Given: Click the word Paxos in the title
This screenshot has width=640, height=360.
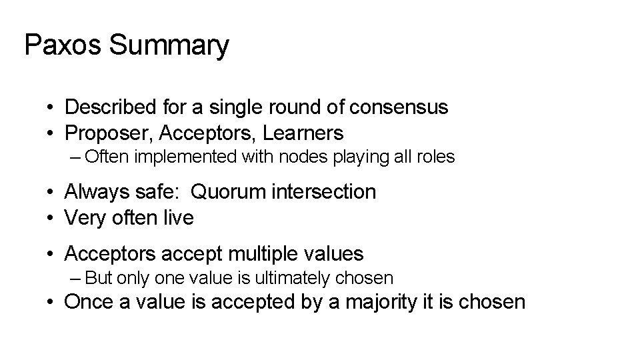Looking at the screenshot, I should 62,45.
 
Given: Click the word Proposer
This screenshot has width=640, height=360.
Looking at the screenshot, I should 109,133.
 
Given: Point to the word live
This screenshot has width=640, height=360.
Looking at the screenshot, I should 178,218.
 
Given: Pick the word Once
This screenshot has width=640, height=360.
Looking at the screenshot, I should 89,302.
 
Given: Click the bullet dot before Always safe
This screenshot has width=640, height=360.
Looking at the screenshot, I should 51,193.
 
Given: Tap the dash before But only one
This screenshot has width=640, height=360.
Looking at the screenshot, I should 74,277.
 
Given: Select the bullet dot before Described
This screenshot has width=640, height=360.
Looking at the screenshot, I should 51,107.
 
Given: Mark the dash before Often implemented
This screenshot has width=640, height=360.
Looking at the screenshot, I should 74,157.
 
